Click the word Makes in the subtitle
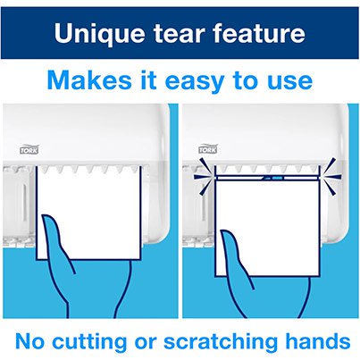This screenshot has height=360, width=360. (x=86, y=81)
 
